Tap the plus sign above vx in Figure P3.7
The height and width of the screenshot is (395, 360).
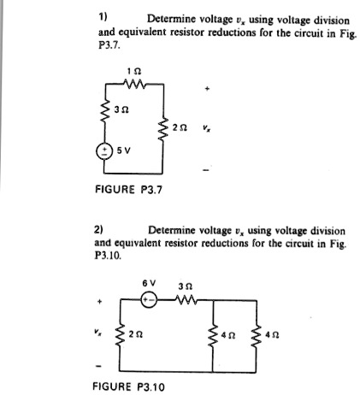206,87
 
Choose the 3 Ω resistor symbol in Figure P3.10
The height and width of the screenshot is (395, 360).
186,301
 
